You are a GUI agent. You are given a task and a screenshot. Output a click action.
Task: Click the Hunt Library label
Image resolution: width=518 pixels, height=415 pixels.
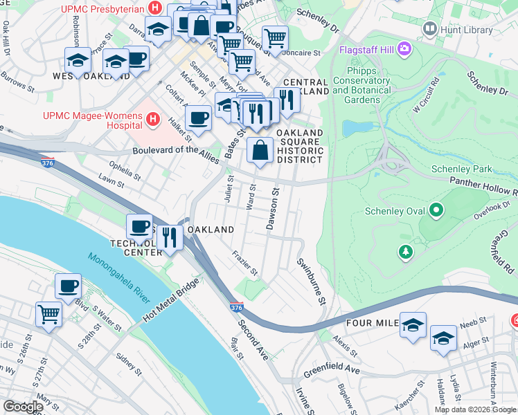[467, 29]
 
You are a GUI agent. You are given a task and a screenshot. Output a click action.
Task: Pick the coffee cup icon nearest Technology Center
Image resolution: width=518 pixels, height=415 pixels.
[139, 227]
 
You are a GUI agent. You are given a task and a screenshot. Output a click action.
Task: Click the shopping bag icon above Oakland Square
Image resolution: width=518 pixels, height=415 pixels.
[260, 149]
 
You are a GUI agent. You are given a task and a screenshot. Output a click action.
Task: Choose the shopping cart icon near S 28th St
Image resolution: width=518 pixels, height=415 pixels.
[49, 314]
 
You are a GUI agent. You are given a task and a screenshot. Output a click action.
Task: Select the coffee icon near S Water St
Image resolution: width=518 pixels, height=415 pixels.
[69, 286]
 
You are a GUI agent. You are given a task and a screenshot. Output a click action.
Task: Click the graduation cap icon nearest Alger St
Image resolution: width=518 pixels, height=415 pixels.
[443, 338]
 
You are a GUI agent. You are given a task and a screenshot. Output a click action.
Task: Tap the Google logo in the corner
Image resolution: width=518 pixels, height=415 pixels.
[24, 407]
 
